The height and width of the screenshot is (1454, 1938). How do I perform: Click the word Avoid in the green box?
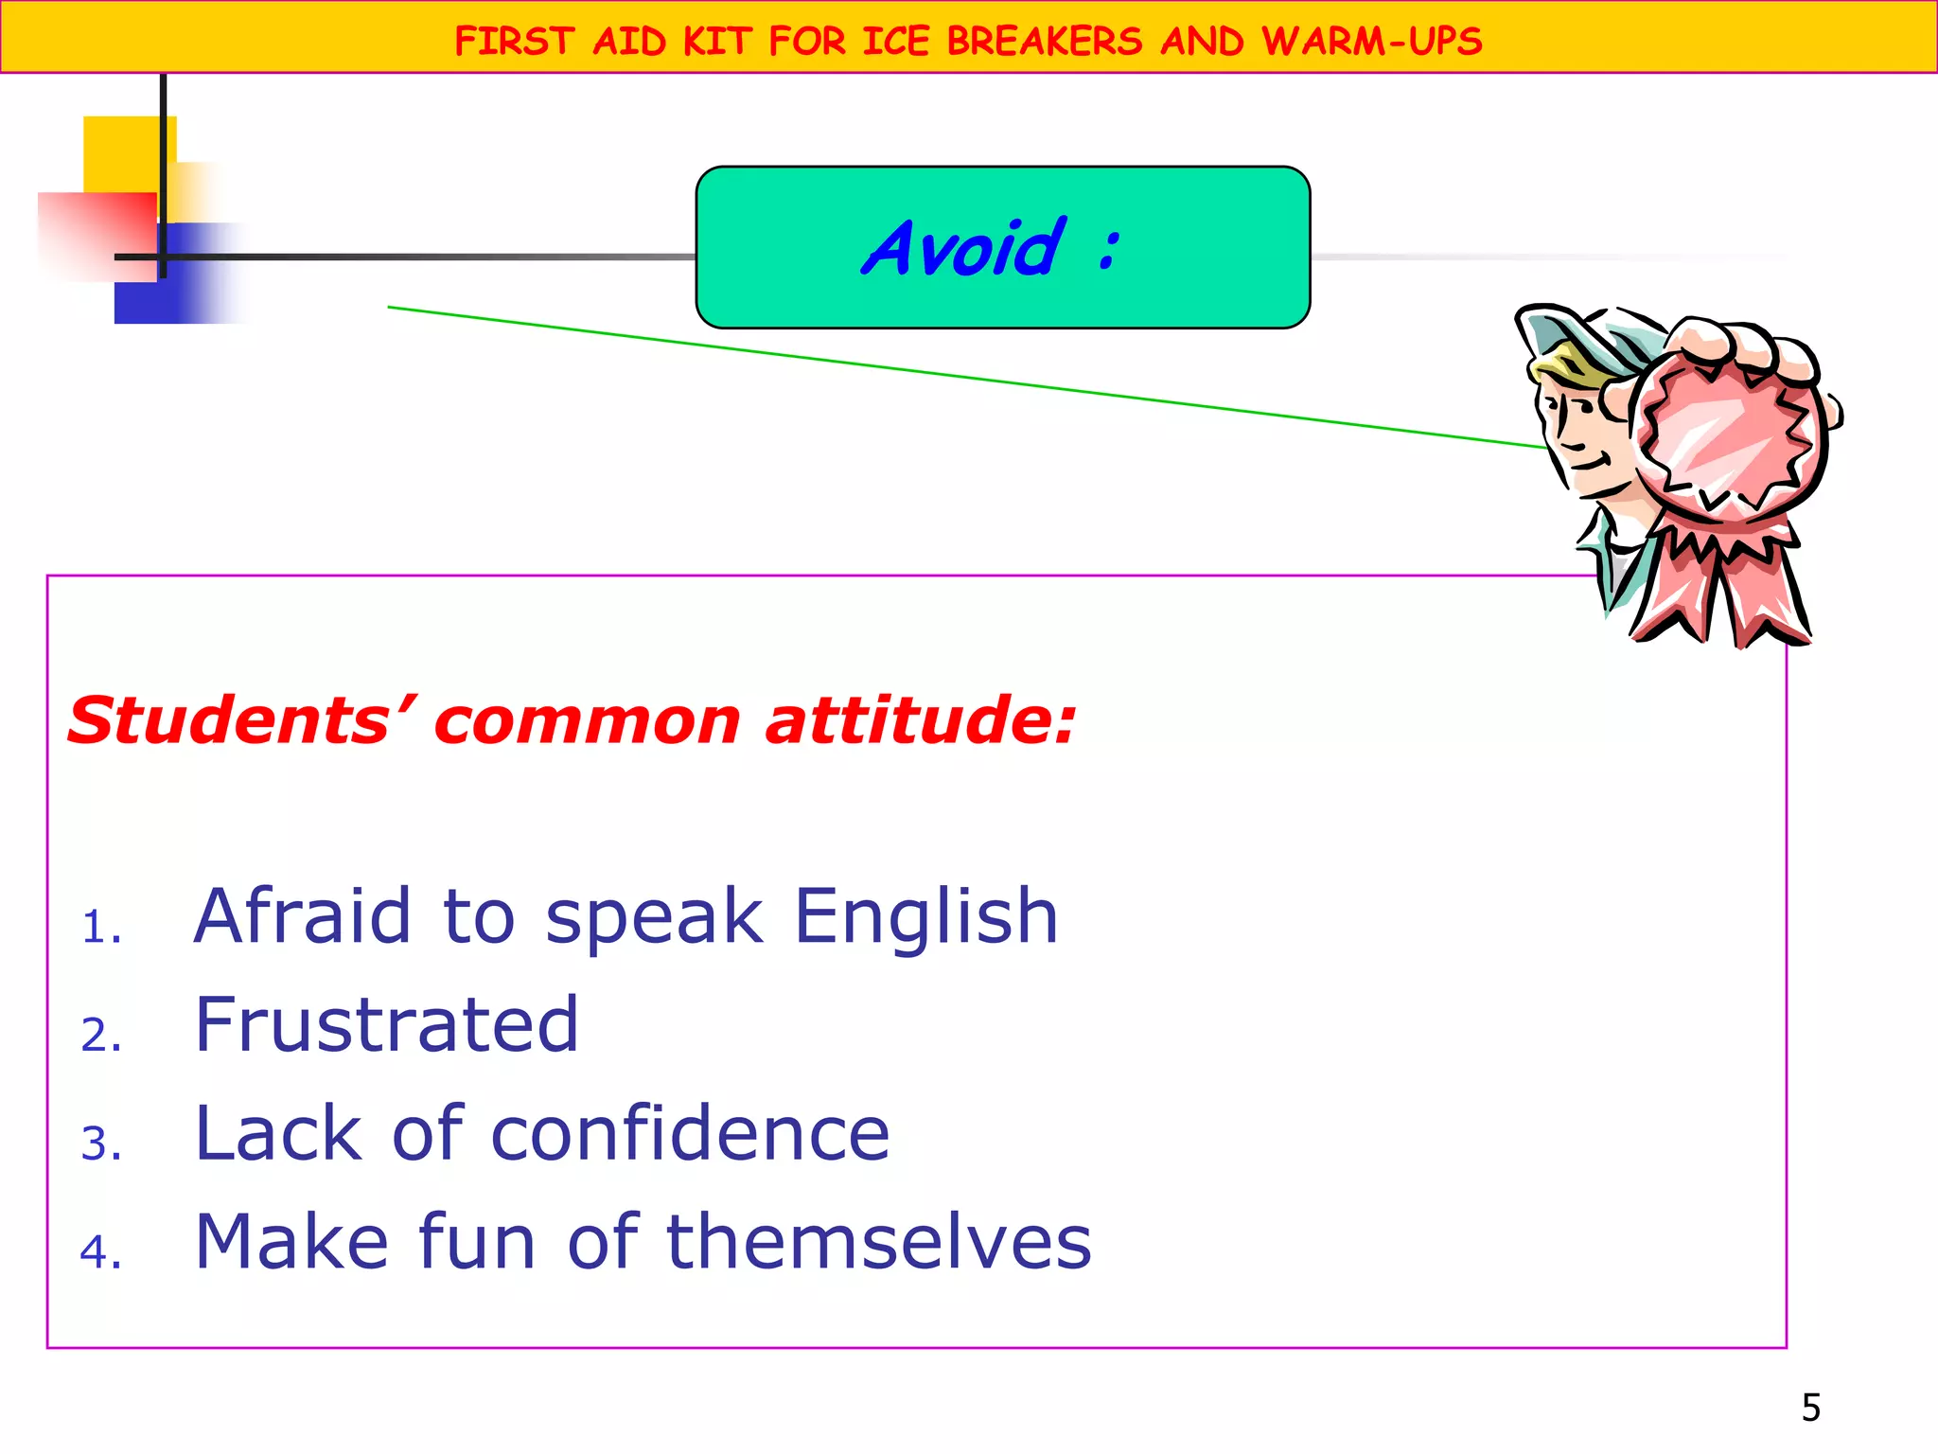coord(963,248)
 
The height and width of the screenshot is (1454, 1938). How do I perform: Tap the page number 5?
coord(1810,1408)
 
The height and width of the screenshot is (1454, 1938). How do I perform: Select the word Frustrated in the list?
coord(386,1025)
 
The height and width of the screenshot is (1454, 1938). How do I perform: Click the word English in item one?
coord(925,916)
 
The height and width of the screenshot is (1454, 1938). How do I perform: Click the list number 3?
coord(100,1144)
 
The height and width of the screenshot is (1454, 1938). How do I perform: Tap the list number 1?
coord(100,927)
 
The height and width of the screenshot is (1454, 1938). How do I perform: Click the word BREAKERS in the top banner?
coord(1045,42)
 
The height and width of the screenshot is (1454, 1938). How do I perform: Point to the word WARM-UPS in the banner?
coord(1371,42)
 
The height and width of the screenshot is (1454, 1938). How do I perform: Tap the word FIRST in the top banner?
coord(514,42)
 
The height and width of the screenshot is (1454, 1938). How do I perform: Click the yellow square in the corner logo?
coord(123,151)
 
